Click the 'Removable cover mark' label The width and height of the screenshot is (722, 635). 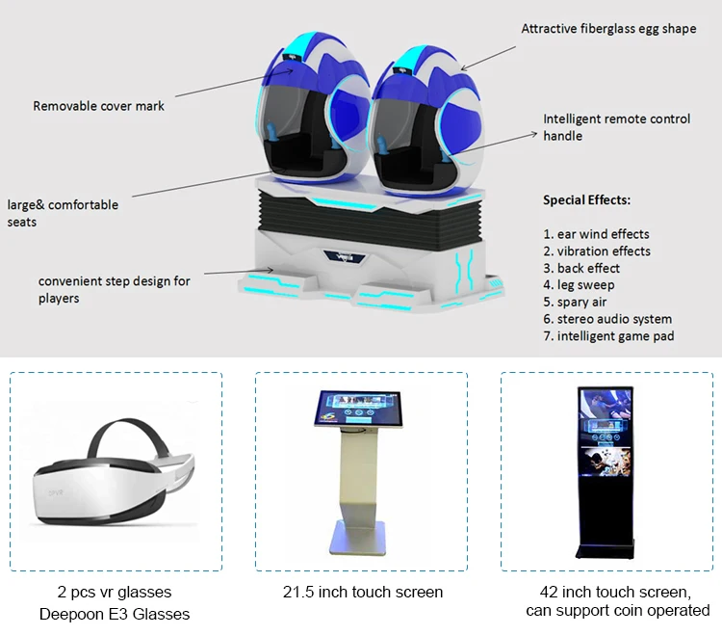tap(98, 106)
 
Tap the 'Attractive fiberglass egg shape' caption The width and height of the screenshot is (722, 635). tap(608, 29)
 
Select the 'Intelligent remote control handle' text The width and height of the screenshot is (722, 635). tap(616, 127)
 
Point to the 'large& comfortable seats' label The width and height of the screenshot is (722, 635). tap(64, 213)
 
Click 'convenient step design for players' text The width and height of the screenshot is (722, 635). tap(114, 289)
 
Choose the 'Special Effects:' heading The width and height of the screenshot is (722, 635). tap(586, 200)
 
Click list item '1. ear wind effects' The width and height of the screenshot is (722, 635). tap(596, 234)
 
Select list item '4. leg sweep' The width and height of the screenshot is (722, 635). tap(579, 285)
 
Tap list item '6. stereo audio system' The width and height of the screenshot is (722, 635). tap(607, 319)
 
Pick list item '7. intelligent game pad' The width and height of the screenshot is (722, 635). tap(608, 336)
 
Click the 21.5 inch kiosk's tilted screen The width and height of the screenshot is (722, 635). tap(360, 410)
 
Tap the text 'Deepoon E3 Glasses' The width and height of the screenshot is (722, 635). tap(115, 614)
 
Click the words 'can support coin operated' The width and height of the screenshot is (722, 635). tap(617, 610)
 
